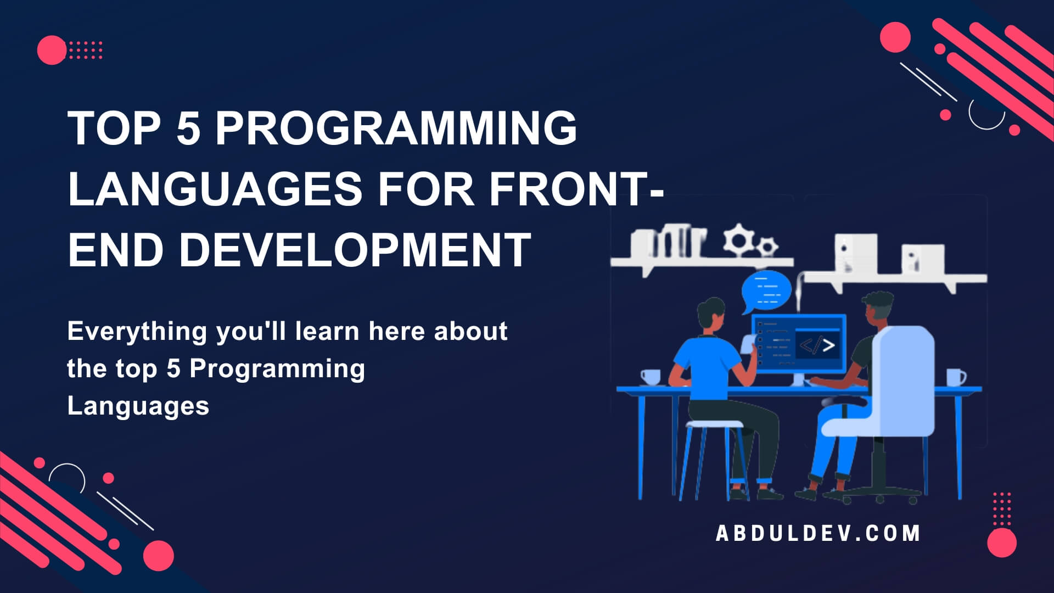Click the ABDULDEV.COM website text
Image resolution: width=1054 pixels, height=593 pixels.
[x=818, y=533]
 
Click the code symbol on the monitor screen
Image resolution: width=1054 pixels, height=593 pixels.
[x=817, y=345]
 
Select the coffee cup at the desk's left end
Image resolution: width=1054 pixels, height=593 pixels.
[x=651, y=377]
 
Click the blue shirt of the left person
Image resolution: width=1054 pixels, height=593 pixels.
[x=708, y=368]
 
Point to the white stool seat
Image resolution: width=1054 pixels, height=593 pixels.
[x=714, y=424]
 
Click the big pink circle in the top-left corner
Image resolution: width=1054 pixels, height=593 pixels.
[x=52, y=50]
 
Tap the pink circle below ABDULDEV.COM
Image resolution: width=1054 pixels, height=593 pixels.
[x=1002, y=542]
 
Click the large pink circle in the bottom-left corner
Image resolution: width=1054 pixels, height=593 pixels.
[x=158, y=555]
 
